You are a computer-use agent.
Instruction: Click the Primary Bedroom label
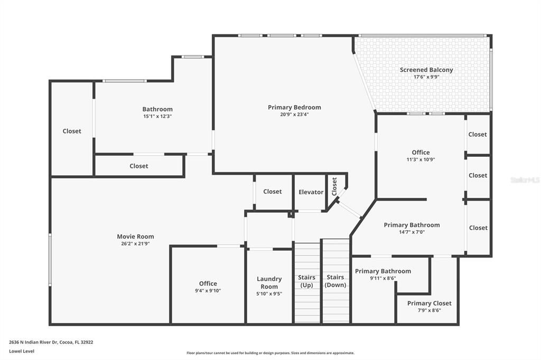tap(294, 107)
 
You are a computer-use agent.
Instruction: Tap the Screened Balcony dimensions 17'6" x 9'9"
tap(426, 77)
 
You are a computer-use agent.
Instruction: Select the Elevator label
tap(311, 192)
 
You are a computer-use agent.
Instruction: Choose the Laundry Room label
tap(269, 282)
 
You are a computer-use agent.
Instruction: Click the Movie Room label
tap(135, 236)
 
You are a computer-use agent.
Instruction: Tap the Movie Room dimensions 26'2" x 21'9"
tap(135, 244)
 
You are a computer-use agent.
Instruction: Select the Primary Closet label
tap(429, 303)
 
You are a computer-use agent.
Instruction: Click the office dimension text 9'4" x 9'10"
tap(208, 290)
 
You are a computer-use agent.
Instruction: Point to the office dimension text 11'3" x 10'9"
tap(421, 159)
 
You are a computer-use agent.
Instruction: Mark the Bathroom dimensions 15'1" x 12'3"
tap(157, 116)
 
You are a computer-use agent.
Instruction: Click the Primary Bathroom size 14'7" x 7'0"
tap(412, 232)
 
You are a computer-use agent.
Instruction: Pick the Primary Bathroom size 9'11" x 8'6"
tap(383, 278)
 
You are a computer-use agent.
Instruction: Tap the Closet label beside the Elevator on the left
tap(273, 192)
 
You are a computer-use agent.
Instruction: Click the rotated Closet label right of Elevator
tap(334, 186)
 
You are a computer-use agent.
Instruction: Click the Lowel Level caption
tap(22, 351)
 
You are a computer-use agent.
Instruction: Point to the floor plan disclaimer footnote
tap(270, 353)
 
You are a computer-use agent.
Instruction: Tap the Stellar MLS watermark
tap(525, 180)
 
